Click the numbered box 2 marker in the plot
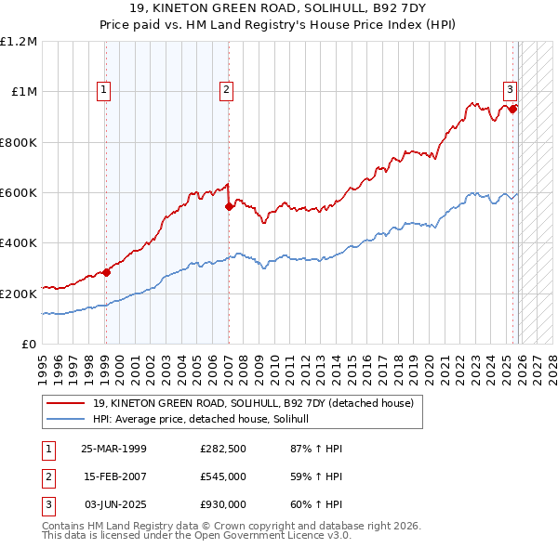coord(226,90)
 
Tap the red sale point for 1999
coord(106,272)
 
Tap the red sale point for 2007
coord(229,206)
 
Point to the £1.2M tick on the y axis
coord(19,42)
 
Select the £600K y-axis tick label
coord(19,193)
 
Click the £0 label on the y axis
coord(30,344)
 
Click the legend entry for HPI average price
coord(206,420)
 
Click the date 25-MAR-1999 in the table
coord(113,449)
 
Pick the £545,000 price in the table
coord(223,476)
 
